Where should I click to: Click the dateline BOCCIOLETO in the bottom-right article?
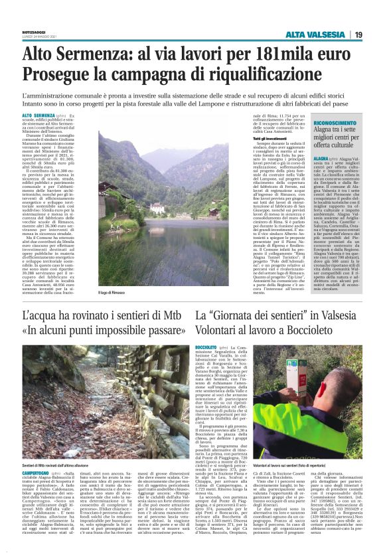tap(206, 347)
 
